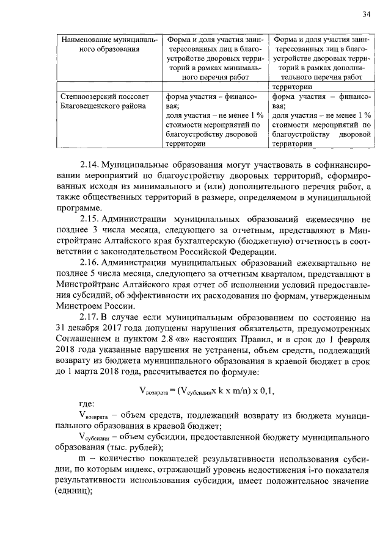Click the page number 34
tap(366, 15)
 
